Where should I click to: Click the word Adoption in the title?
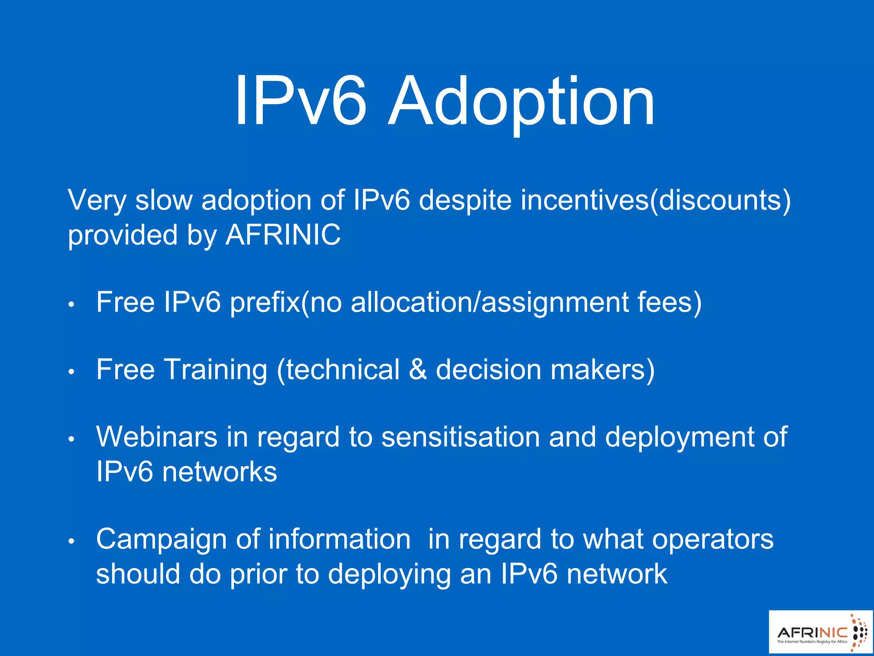coord(521,102)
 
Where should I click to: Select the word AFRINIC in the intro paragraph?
coord(283,235)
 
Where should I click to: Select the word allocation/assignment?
coord(489,302)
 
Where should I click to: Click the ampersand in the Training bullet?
coord(417,369)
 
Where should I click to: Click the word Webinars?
coord(157,437)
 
